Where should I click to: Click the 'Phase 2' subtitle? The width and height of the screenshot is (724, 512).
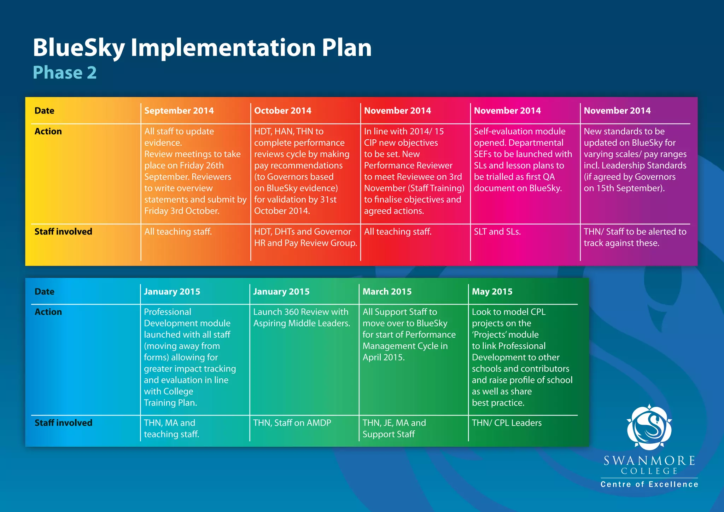click(x=65, y=72)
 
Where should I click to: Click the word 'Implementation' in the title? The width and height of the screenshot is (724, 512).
click(x=222, y=48)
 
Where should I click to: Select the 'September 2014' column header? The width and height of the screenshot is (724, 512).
click(x=179, y=111)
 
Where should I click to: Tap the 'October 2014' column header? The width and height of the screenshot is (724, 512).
click(x=282, y=111)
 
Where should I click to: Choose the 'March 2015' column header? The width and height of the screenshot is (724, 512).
click(x=387, y=292)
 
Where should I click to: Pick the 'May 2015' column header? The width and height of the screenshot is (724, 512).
click(x=492, y=292)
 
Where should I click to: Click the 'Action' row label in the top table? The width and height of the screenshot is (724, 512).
click(x=48, y=132)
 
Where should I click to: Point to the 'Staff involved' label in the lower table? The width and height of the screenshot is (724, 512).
click(x=63, y=423)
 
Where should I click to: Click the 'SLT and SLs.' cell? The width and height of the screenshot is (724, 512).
click(x=497, y=232)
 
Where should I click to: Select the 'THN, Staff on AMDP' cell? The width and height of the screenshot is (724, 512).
click(x=292, y=423)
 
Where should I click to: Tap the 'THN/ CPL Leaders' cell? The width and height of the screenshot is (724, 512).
click(x=506, y=423)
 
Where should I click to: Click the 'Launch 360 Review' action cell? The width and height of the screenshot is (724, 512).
click(x=301, y=318)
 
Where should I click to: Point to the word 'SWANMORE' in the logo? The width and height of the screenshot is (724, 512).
click(x=649, y=460)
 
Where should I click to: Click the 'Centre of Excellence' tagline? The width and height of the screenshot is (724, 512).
click(x=649, y=484)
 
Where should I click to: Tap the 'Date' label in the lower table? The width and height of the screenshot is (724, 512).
click(x=45, y=292)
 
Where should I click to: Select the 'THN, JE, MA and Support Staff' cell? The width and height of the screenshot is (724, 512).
click(x=394, y=429)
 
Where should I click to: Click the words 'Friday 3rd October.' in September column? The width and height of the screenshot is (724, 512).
click(x=182, y=211)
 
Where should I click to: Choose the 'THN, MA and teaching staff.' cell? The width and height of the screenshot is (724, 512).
click(x=171, y=429)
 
